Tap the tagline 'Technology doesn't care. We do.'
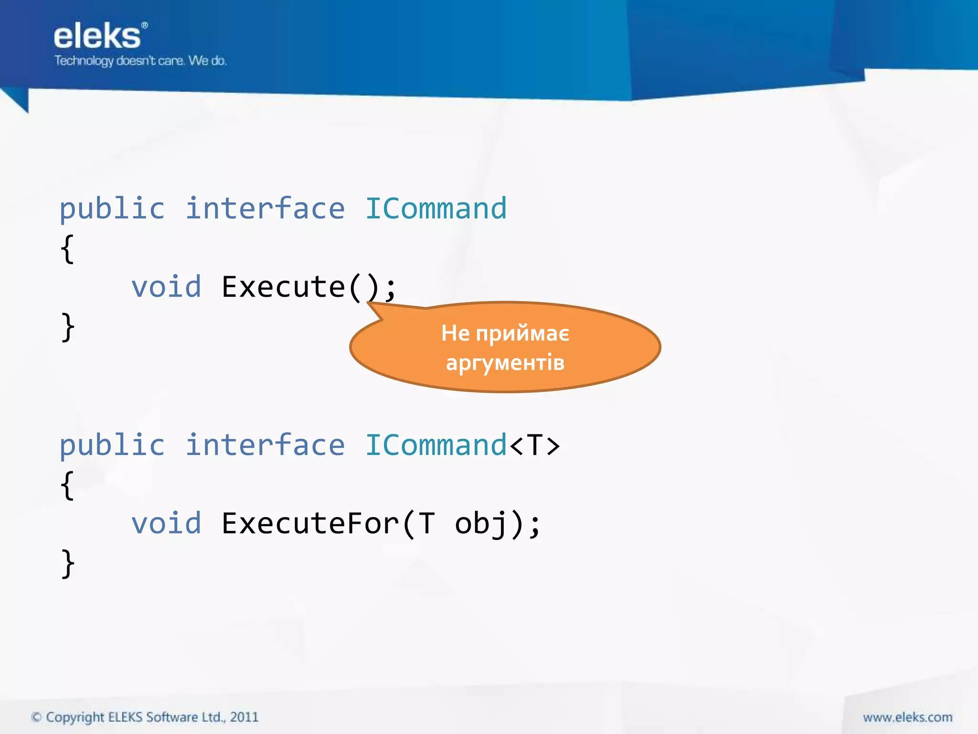(140, 61)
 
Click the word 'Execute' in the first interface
(283, 287)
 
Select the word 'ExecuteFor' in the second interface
(310, 524)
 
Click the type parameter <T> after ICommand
(534, 445)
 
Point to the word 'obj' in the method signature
(480, 524)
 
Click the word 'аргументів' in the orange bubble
(505, 362)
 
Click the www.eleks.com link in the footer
(907, 717)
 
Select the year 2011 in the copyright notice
(244, 717)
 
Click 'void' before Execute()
(166, 287)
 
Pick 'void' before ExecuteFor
(166, 524)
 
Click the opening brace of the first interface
(67, 248)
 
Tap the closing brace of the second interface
(67, 563)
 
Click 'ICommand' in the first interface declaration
(436, 209)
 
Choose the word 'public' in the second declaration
(112, 445)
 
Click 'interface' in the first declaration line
(265, 209)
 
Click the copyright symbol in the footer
(36, 717)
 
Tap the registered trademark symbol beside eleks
(145, 25)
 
